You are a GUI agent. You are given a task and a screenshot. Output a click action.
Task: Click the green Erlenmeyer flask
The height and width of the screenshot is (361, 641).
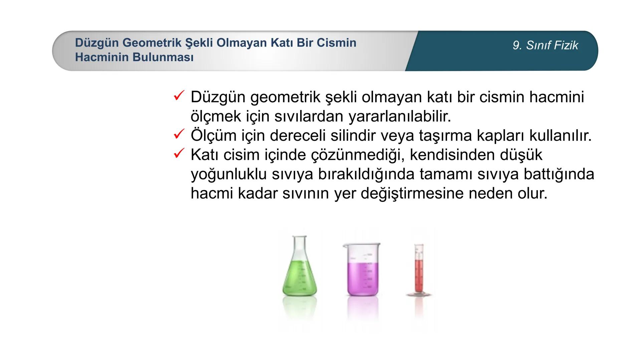tap(299, 274)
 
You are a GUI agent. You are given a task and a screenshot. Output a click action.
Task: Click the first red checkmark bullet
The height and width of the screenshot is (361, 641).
tap(179, 96)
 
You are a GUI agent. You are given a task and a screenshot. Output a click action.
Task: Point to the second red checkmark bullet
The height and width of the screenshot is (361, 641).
tap(179, 134)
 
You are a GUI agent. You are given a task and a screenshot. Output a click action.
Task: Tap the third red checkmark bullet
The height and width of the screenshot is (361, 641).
tap(179, 154)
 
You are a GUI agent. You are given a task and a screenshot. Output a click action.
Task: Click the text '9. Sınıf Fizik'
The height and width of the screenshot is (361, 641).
tap(545, 45)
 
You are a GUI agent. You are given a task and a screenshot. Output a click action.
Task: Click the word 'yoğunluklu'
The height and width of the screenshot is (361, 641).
tap(229, 174)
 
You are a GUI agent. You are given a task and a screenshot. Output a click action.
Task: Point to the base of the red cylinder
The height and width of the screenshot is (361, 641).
tap(419, 294)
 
